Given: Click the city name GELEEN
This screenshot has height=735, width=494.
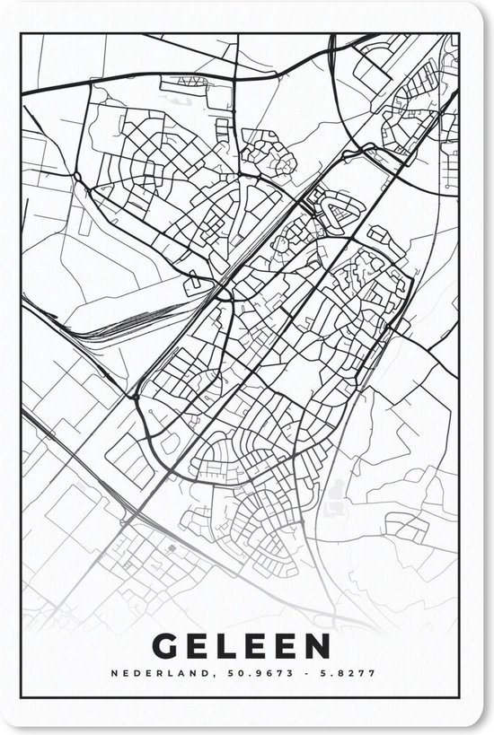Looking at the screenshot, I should [241, 645].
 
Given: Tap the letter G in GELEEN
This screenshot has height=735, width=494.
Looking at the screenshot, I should [166, 645].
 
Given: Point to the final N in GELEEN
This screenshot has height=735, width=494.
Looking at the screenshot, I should [316, 645].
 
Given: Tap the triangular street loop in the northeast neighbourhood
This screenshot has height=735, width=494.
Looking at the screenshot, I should [340, 212].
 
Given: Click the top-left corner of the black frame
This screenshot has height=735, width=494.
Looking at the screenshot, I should [22, 34].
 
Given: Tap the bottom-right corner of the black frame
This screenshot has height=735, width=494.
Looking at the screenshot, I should [459, 701].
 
